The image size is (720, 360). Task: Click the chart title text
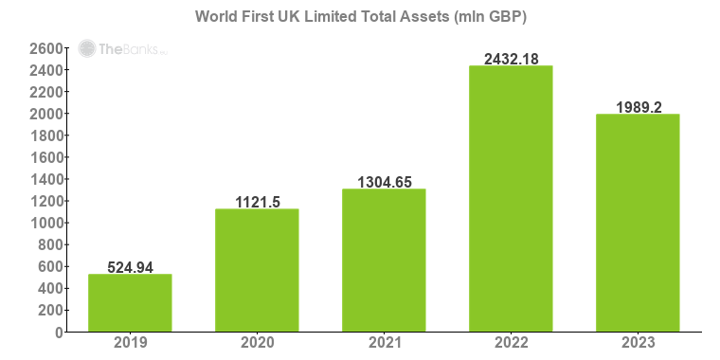[361, 17]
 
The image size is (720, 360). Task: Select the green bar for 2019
[130, 303]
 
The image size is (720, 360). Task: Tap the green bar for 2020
[257, 270]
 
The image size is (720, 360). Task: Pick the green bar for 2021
[384, 261]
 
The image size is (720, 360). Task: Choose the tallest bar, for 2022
[511, 199]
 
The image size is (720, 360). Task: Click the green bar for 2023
[638, 223]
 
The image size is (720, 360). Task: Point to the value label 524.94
[130, 267]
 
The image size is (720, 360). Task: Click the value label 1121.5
[257, 202]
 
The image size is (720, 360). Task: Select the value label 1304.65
[384, 182]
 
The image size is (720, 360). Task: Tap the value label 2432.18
[511, 59]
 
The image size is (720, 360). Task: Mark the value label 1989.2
[638, 107]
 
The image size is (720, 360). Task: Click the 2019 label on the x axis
[130, 343]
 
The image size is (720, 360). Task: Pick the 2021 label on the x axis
[384, 343]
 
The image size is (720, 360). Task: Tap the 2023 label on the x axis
[638, 343]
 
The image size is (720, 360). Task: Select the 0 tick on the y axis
[58, 333]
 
